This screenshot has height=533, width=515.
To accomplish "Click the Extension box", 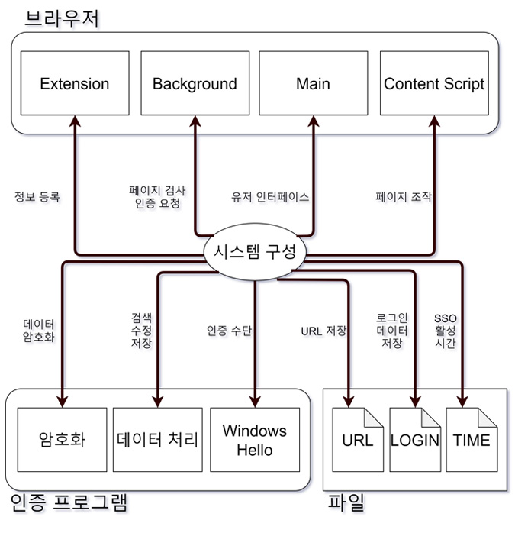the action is [x=75, y=83].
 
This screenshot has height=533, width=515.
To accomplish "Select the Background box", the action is [x=195, y=83].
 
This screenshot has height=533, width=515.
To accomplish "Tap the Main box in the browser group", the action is [x=314, y=83].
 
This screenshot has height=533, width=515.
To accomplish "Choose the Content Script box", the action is [x=434, y=83].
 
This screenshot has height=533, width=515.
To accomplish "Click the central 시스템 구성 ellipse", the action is [x=255, y=251].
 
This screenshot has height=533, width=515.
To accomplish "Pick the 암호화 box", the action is [x=62, y=440].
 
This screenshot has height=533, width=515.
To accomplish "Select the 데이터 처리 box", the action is [x=158, y=440].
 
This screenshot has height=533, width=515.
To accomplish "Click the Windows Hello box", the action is [x=255, y=440].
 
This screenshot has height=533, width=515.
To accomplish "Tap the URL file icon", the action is [x=358, y=440].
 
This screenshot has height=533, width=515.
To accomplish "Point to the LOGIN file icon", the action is [x=415, y=440].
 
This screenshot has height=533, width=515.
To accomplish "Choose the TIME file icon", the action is [x=472, y=440].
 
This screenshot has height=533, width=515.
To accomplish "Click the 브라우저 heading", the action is [x=62, y=18].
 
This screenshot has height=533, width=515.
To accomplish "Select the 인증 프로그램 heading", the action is [x=69, y=502].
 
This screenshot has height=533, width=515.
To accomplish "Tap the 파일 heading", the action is [x=346, y=502].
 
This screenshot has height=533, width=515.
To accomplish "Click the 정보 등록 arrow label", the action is [x=37, y=196].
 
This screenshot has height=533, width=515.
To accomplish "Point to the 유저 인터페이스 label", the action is [x=270, y=197].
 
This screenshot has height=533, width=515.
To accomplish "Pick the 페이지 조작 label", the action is [x=404, y=196].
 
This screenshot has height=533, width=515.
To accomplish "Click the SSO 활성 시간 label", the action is [x=445, y=331].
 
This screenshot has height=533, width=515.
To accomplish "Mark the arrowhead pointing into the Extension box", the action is [x=75, y=121].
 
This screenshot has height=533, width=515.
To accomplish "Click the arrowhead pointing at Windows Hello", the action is [x=255, y=402].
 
